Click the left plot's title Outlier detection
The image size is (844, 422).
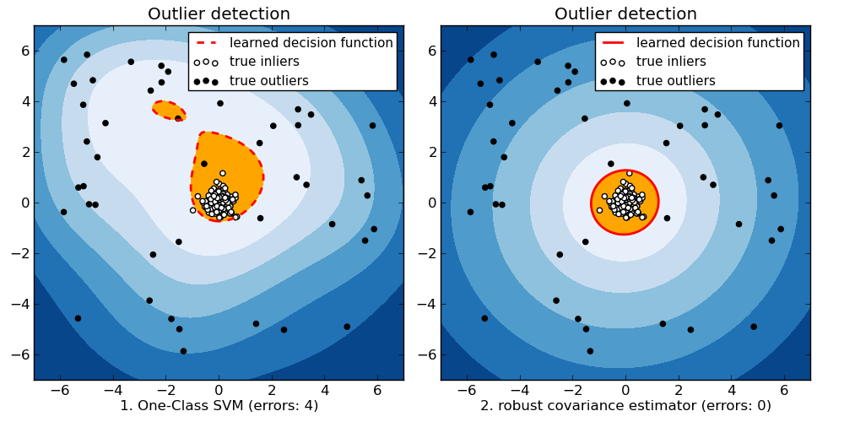(x=219, y=14)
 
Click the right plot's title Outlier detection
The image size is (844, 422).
(x=625, y=14)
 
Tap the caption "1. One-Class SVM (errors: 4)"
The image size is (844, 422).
(x=219, y=405)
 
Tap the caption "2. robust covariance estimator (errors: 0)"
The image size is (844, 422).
(x=625, y=405)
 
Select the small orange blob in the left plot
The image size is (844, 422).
(x=168, y=110)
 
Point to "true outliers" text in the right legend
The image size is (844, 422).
(x=676, y=81)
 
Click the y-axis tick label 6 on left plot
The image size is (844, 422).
(x=24, y=51)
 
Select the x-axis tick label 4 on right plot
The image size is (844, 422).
(x=732, y=390)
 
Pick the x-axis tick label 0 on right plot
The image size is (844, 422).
(x=625, y=390)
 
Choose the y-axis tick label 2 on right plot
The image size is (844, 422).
(x=430, y=152)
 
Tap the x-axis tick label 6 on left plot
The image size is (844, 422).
(x=377, y=390)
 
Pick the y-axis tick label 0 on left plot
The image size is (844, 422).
(x=24, y=203)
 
